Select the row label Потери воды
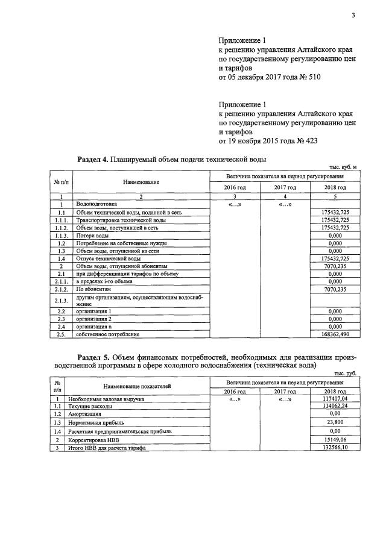tap(92, 236)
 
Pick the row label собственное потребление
tap(107, 334)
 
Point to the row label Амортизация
tap(85, 414)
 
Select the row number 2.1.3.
tap(61, 301)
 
